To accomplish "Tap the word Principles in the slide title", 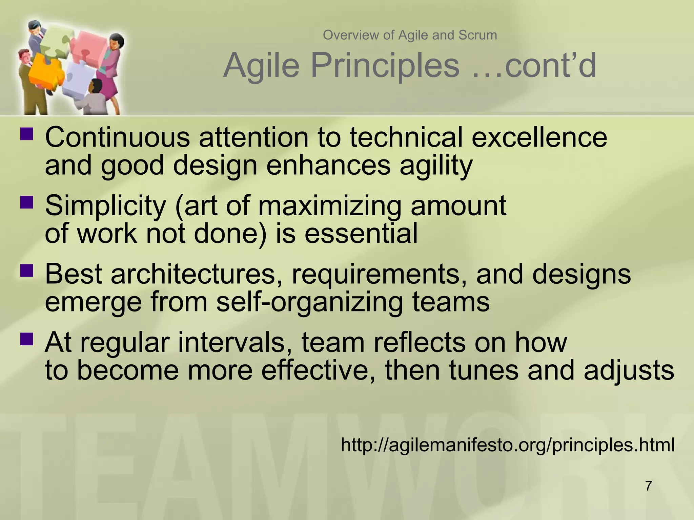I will coord(385,66).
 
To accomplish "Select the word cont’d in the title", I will coord(550,66).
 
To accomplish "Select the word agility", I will coord(436,166).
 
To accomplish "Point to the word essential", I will coord(361,234).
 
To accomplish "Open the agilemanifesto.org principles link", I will coord(507,445).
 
